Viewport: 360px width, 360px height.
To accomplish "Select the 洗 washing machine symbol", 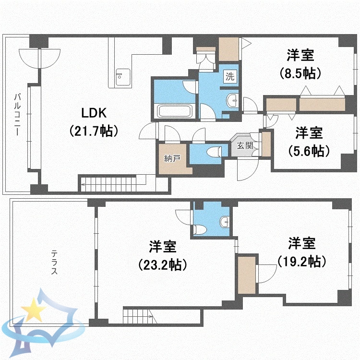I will [230, 76].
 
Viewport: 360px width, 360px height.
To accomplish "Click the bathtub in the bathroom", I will [175, 111].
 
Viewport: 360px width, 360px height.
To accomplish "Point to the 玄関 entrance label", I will [242, 145].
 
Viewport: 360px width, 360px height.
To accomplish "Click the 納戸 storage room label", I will [172, 158].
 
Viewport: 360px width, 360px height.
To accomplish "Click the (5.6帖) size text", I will [309, 150].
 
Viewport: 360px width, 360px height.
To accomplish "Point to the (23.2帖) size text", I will [162, 264].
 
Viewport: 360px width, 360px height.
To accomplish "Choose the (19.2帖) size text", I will [302, 262].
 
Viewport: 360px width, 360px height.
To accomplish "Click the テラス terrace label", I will [54, 262].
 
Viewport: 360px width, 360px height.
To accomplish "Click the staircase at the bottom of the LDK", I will [113, 181].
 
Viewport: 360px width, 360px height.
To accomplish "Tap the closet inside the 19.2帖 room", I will [247, 275].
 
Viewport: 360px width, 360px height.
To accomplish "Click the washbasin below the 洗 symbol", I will [232, 100].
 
